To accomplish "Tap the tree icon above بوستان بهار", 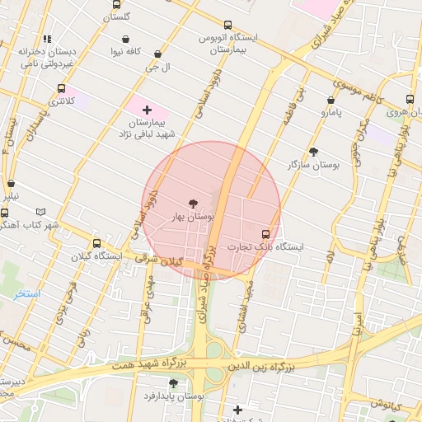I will coord(193,203).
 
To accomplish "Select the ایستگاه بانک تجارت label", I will coord(265,246).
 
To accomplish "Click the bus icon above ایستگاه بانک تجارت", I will coord(265,233).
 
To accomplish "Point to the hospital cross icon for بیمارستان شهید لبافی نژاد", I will coord(147,110).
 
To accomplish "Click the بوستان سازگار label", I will coord(313,165).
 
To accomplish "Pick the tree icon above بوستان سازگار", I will coord(313,152).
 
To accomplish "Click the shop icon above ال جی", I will coord(157,54).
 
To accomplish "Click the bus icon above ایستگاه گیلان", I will coord(96,243).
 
